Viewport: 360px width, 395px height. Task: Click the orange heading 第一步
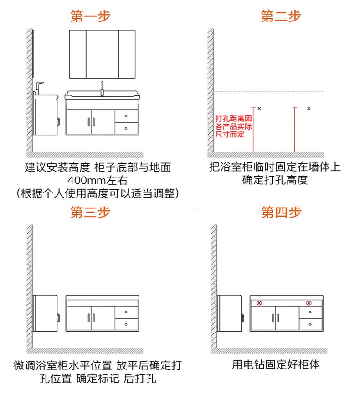click(x=90, y=17)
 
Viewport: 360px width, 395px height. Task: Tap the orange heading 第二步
click(x=281, y=17)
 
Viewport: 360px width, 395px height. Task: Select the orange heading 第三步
click(x=90, y=213)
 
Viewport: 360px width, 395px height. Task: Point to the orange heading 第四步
click(x=281, y=213)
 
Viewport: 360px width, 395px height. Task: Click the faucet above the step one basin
click(x=103, y=88)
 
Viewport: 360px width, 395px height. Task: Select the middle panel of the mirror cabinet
click(x=102, y=54)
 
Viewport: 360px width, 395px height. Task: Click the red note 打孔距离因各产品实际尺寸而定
click(x=233, y=126)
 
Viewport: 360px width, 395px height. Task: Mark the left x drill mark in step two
click(x=259, y=109)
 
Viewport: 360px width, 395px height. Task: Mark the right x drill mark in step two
click(x=309, y=109)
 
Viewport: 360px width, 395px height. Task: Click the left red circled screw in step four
click(x=259, y=302)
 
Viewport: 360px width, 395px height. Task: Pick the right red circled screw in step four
click(x=309, y=302)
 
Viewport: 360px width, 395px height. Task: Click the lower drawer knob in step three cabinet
click(x=126, y=324)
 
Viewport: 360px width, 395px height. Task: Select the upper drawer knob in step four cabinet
click(x=310, y=312)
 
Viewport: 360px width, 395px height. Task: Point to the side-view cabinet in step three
click(x=46, y=312)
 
